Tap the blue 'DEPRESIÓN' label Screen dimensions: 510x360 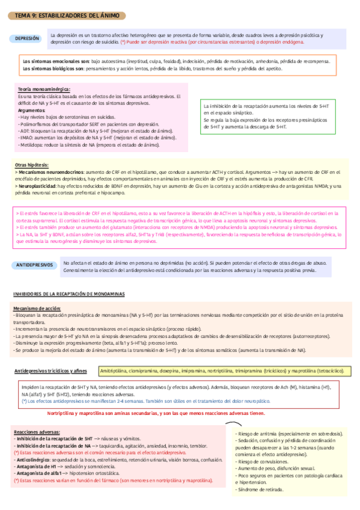(28, 38)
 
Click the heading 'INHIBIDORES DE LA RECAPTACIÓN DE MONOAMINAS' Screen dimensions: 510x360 (70, 293)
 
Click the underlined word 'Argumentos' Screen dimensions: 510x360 (31, 111)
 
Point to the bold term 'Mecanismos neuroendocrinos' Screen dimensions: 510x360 (50, 172)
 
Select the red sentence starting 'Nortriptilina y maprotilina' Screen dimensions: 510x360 (154, 414)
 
